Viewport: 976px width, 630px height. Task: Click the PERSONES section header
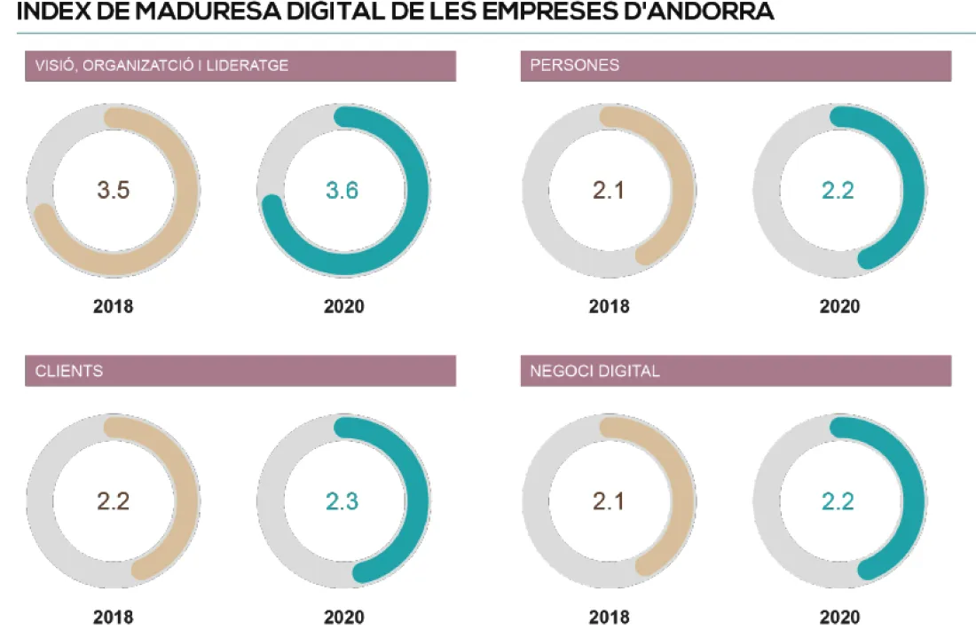574,66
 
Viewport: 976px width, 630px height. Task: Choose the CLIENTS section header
69,371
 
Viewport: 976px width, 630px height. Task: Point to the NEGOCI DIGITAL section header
594,371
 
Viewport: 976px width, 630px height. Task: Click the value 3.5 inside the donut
114,191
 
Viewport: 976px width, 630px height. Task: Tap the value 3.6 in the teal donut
342,191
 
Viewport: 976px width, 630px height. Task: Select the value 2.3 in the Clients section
342,501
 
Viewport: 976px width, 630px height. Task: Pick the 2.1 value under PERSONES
609,191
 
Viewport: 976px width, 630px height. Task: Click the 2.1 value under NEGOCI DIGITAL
609,501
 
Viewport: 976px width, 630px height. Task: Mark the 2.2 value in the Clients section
114,501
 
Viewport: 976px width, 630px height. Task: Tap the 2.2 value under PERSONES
838,191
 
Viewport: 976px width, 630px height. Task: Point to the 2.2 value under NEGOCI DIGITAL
838,501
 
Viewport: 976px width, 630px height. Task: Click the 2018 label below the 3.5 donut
114,307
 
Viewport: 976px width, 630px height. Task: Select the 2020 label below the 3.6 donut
343,307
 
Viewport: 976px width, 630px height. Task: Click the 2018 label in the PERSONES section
609,307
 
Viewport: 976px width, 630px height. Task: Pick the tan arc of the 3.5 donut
186,191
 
